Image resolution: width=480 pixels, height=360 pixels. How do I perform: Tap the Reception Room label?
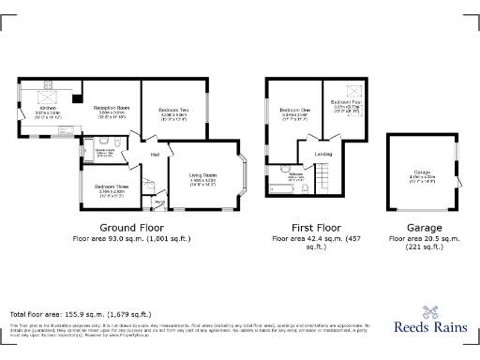point(112,109)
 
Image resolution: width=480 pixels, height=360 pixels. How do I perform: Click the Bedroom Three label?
point(110,187)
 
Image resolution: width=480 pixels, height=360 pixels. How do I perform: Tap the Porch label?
point(159,201)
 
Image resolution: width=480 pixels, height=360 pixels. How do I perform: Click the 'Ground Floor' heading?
point(131,228)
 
